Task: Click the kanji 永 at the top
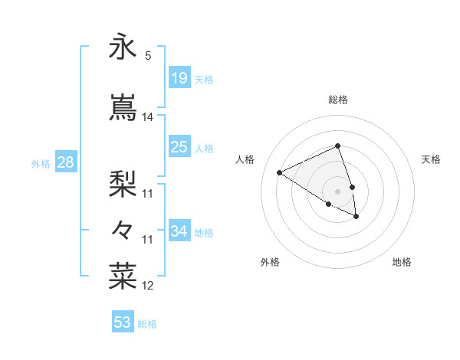[x=123, y=47]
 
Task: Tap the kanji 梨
[x=123, y=182]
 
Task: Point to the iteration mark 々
[x=123, y=228]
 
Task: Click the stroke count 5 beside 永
[x=148, y=56]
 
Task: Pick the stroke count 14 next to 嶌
[x=148, y=117]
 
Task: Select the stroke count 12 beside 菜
[x=148, y=286]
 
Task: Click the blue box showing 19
[x=179, y=77]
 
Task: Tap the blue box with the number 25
[x=179, y=147]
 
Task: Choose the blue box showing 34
[x=179, y=231]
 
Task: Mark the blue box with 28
[x=65, y=162]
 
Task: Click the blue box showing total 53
[x=122, y=322]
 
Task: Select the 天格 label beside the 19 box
[x=204, y=79]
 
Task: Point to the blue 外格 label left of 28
[x=41, y=163]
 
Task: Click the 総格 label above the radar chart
[x=337, y=100]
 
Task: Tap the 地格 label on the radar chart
[x=402, y=263]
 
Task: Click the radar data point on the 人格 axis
[x=280, y=173]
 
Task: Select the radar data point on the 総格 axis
[x=337, y=146]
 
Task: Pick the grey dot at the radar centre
[x=337, y=191]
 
